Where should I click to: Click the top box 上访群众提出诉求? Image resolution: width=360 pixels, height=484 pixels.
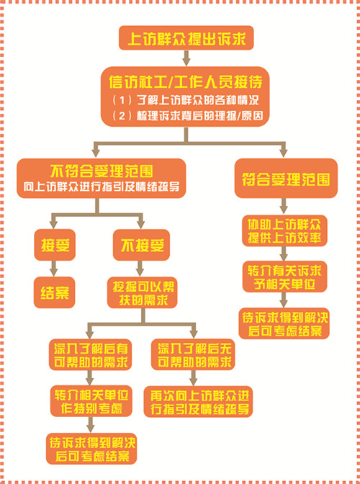point(186,37)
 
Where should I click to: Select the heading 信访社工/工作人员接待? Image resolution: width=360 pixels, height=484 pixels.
point(186,82)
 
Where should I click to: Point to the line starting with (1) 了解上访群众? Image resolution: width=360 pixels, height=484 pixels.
point(185,100)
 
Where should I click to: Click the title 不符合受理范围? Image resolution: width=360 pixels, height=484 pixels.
point(102,171)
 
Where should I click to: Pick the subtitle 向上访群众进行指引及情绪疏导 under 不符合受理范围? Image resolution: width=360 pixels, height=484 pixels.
point(102,187)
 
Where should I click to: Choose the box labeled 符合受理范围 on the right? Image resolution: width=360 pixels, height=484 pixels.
point(286,178)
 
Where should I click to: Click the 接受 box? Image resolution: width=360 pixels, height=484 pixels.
point(55,244)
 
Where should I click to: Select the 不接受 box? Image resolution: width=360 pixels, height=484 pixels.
point(141,245)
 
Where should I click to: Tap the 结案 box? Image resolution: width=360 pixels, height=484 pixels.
point(54,292)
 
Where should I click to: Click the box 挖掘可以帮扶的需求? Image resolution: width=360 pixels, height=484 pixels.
point(143,292)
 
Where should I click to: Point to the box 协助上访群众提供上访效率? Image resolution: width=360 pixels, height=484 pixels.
point(284,230)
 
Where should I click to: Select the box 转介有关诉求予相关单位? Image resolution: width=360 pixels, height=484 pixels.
point(284,277)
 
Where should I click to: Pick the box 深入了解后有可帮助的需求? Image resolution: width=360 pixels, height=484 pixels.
point(91,354)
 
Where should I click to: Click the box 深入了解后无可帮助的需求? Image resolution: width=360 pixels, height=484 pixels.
point(193,354)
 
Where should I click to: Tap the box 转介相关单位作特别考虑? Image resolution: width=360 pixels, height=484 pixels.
point(91,401)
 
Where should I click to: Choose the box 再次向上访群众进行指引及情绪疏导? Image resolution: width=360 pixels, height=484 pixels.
point(198,402)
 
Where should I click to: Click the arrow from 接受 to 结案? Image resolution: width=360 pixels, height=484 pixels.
point(54,269)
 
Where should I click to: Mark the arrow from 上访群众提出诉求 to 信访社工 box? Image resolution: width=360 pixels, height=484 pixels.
point(186,58)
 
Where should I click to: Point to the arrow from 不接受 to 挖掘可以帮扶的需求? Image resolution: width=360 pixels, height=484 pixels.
point(140,269)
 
